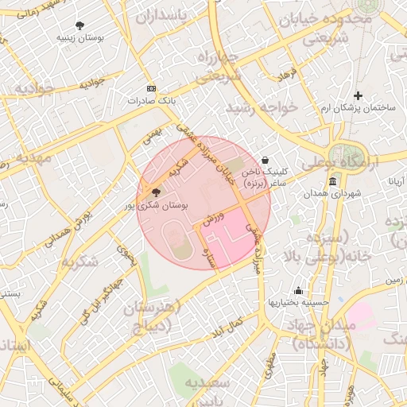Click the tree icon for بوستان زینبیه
[79, 25]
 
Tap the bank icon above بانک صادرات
[152, 89]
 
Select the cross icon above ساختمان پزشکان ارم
[358, 95]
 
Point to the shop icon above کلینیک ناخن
[265, 160]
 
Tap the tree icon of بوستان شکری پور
[155, 192]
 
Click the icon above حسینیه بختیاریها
[298, 290]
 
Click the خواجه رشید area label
[262, 106]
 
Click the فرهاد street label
[286, 76]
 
